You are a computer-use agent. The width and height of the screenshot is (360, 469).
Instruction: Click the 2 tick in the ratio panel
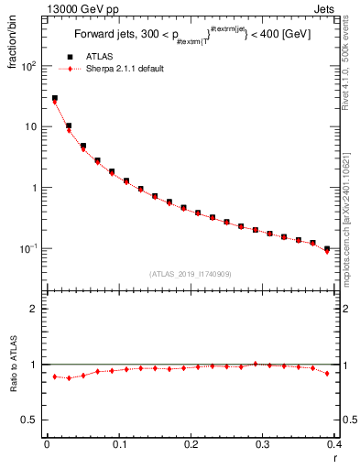click(36, 309)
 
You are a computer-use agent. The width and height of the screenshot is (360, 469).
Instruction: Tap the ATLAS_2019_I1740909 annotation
click(191, 274)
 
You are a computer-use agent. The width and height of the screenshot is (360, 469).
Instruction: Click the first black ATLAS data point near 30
click(54, 98)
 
